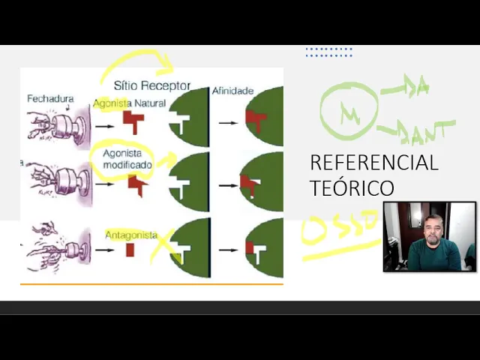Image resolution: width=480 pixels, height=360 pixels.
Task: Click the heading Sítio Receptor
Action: click(152, 85)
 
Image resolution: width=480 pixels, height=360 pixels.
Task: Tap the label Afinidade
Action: click(232, 90)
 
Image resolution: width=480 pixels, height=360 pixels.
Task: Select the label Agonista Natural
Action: click(129, 103)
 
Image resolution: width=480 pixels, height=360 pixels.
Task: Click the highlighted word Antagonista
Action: click(127, 234)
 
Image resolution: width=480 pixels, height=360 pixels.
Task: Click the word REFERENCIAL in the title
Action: click(373, 163)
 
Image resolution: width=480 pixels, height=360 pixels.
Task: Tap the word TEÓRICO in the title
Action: click(352, 187)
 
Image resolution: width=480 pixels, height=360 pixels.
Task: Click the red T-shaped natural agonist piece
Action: click(133, 121)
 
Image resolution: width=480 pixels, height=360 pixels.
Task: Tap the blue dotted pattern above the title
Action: click(328, 52)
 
